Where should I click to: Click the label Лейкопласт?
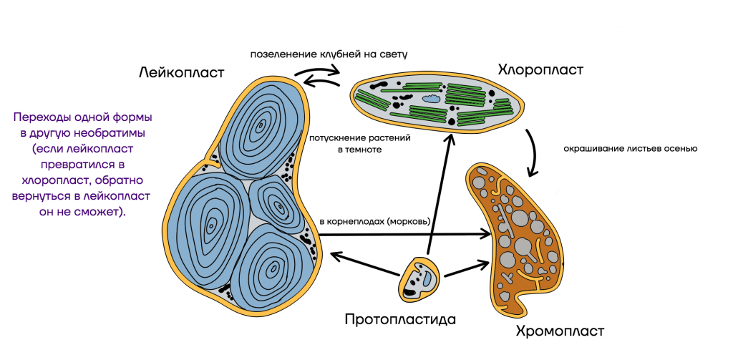point(182,73)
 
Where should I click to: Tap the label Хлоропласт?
point(540,70)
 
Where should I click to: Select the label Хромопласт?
point(560,331)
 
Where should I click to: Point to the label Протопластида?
point(400,320)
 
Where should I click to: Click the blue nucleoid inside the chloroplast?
point(432,98)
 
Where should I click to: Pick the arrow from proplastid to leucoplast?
point(365,263)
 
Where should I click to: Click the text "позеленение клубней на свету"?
point(329,54)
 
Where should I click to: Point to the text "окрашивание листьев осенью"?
point(631,150)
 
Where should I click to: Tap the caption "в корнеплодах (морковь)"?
point(375,220)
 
